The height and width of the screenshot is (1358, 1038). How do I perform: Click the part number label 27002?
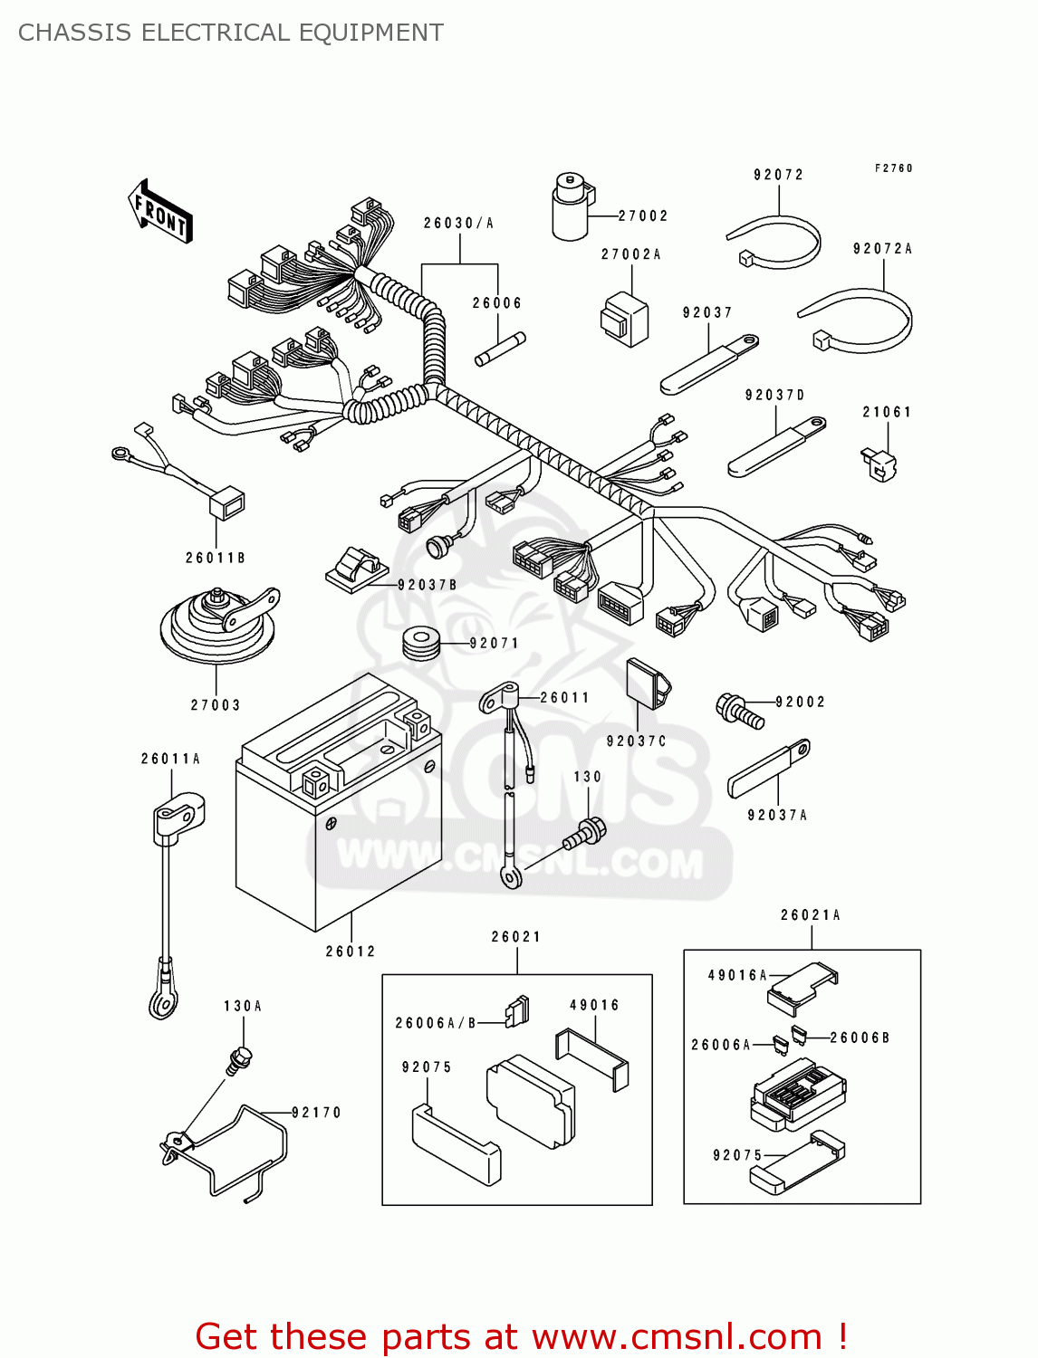pos(643,216)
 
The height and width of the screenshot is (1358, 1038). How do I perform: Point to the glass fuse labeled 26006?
pos(500,349)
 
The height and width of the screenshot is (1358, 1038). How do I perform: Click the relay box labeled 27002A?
pos(624,319)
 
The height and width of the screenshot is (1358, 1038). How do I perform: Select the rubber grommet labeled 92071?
pos(420,643)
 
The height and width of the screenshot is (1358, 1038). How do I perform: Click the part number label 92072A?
pos(882,249)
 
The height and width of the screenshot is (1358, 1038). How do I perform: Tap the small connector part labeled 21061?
pos(879,464)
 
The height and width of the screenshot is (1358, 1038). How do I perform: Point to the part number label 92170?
pos(316,1113)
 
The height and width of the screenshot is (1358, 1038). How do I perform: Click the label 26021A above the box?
pos(811,915)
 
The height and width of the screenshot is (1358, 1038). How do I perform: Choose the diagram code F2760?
pos(893,168)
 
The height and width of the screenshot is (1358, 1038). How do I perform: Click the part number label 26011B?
pos(216,559)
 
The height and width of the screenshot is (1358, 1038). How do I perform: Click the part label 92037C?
pos(636,741)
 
